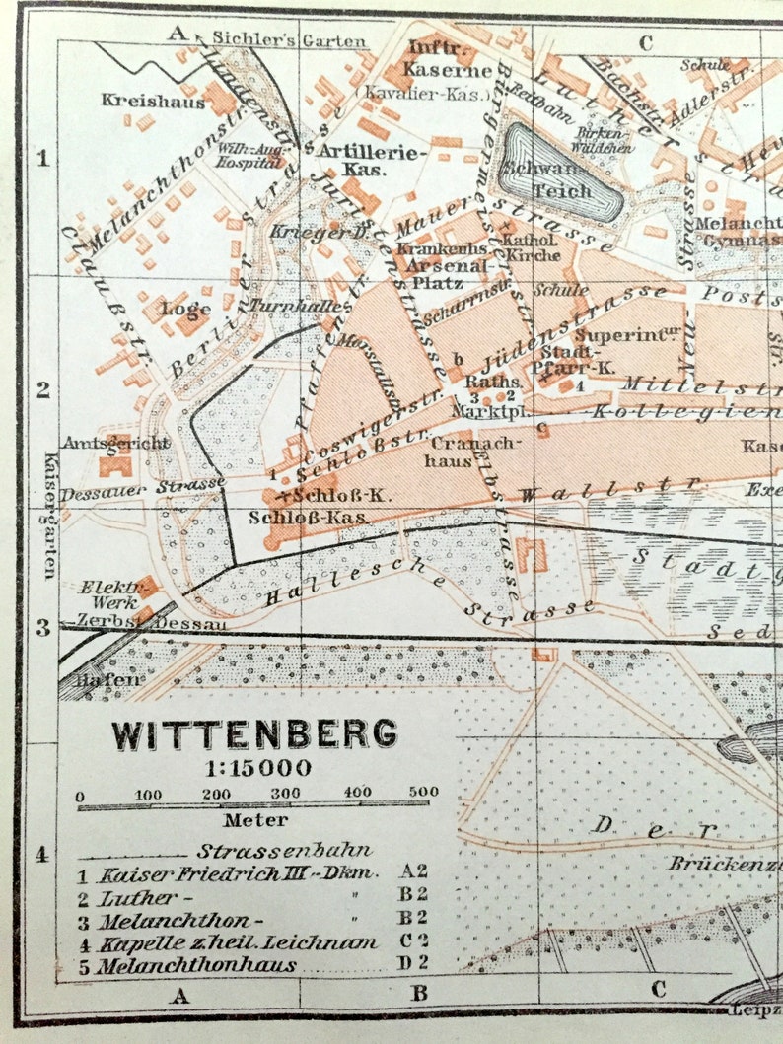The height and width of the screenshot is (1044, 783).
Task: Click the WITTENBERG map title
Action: [254, 733]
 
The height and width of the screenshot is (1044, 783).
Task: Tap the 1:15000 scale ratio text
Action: [254, 768]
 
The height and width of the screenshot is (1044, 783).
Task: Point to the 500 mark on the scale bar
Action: [423, 793]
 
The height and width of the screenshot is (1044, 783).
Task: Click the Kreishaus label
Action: [153, 101]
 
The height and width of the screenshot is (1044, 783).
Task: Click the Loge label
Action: [186, 308]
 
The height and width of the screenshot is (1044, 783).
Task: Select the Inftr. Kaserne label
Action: [436, 59]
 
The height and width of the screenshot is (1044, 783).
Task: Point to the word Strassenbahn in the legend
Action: [269, 851]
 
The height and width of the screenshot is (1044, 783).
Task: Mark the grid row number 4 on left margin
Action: [41, 854]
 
